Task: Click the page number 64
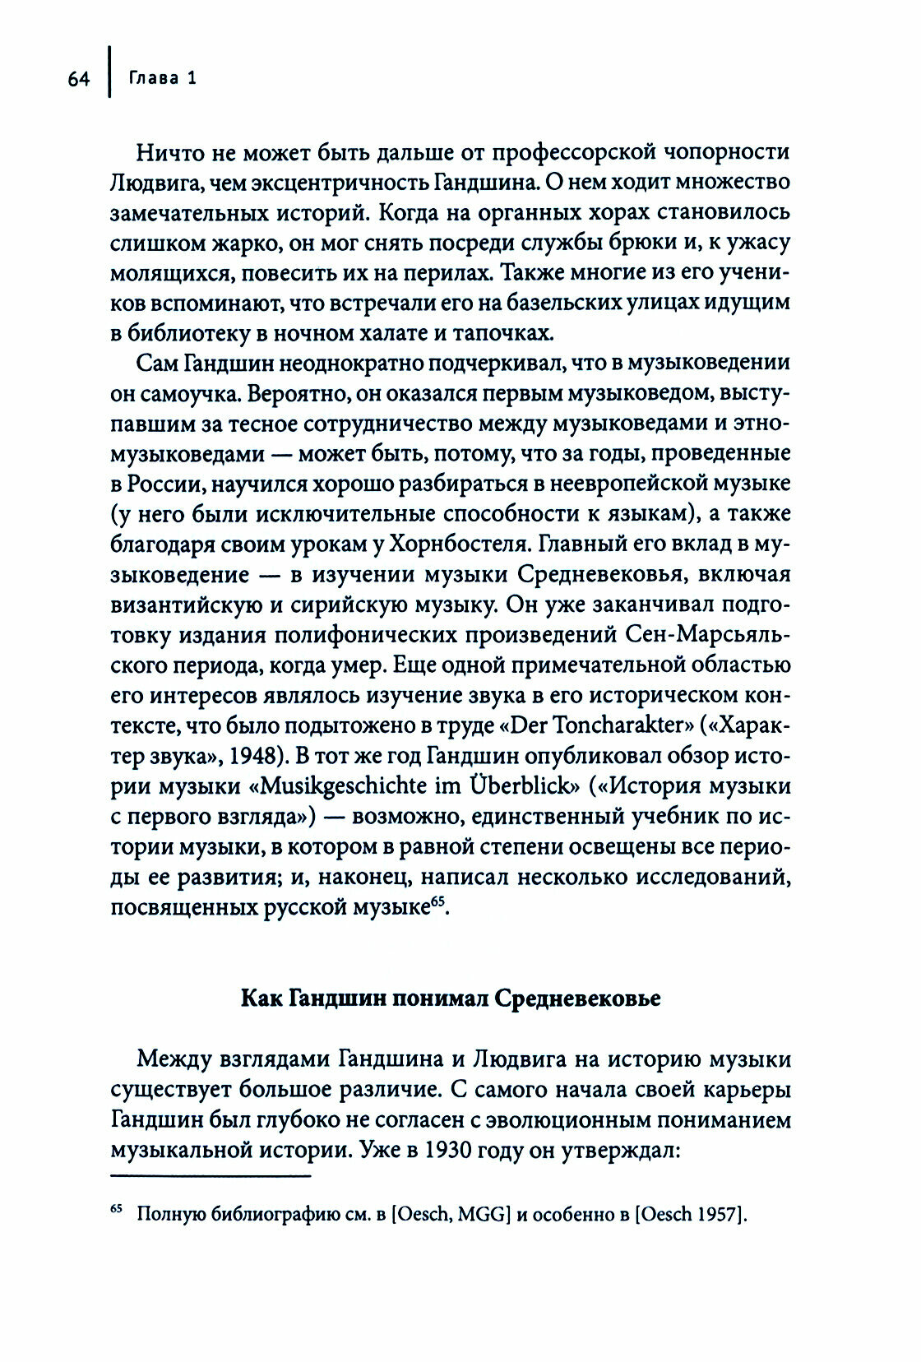click(78, 79)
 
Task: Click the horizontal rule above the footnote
click(211, 1179)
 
